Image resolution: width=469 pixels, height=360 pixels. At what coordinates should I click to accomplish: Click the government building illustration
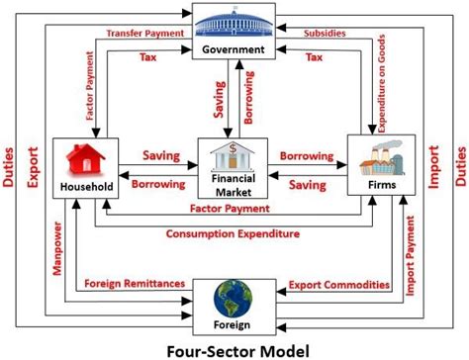[x=234, y=23]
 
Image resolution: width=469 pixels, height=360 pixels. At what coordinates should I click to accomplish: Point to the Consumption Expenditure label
[x=234, y=234]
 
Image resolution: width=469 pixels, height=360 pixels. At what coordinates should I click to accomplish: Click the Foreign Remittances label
[x=137, y=285]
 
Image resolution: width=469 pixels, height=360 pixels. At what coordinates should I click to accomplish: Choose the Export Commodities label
[x=339, y=285]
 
